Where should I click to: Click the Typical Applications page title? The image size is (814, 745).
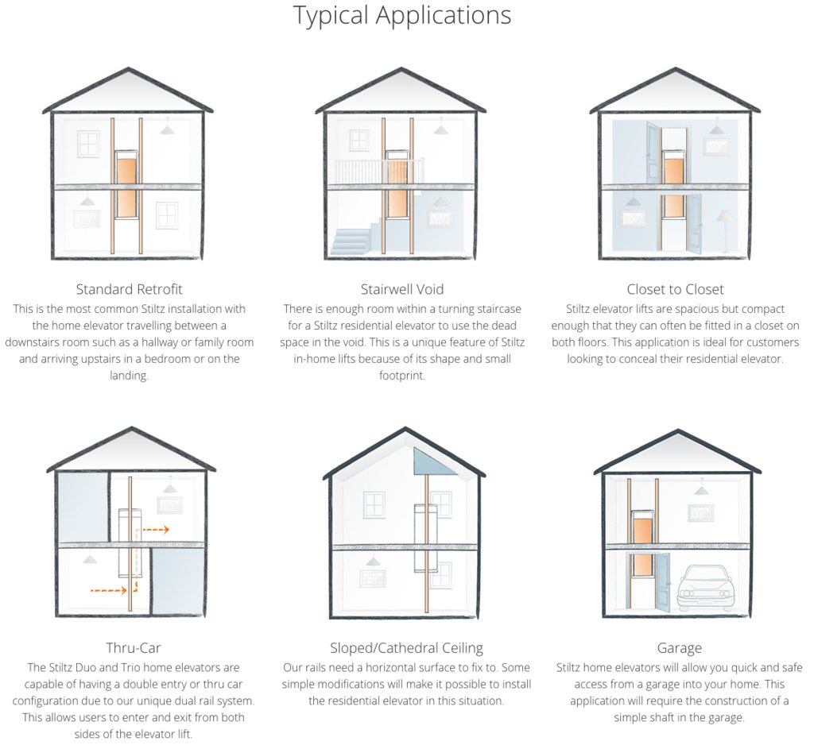click(401, 16)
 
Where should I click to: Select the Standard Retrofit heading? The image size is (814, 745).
click(129, 288)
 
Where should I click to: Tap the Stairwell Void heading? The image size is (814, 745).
click(401, 288)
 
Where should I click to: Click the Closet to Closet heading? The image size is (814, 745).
click(675, 288)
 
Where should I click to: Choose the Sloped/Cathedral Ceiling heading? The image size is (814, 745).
click(406, 647)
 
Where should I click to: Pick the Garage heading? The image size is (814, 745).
click(679, 647)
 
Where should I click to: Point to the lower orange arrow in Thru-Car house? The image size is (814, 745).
click(111, 590)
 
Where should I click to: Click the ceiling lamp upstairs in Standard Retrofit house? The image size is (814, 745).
click(168, 127)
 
